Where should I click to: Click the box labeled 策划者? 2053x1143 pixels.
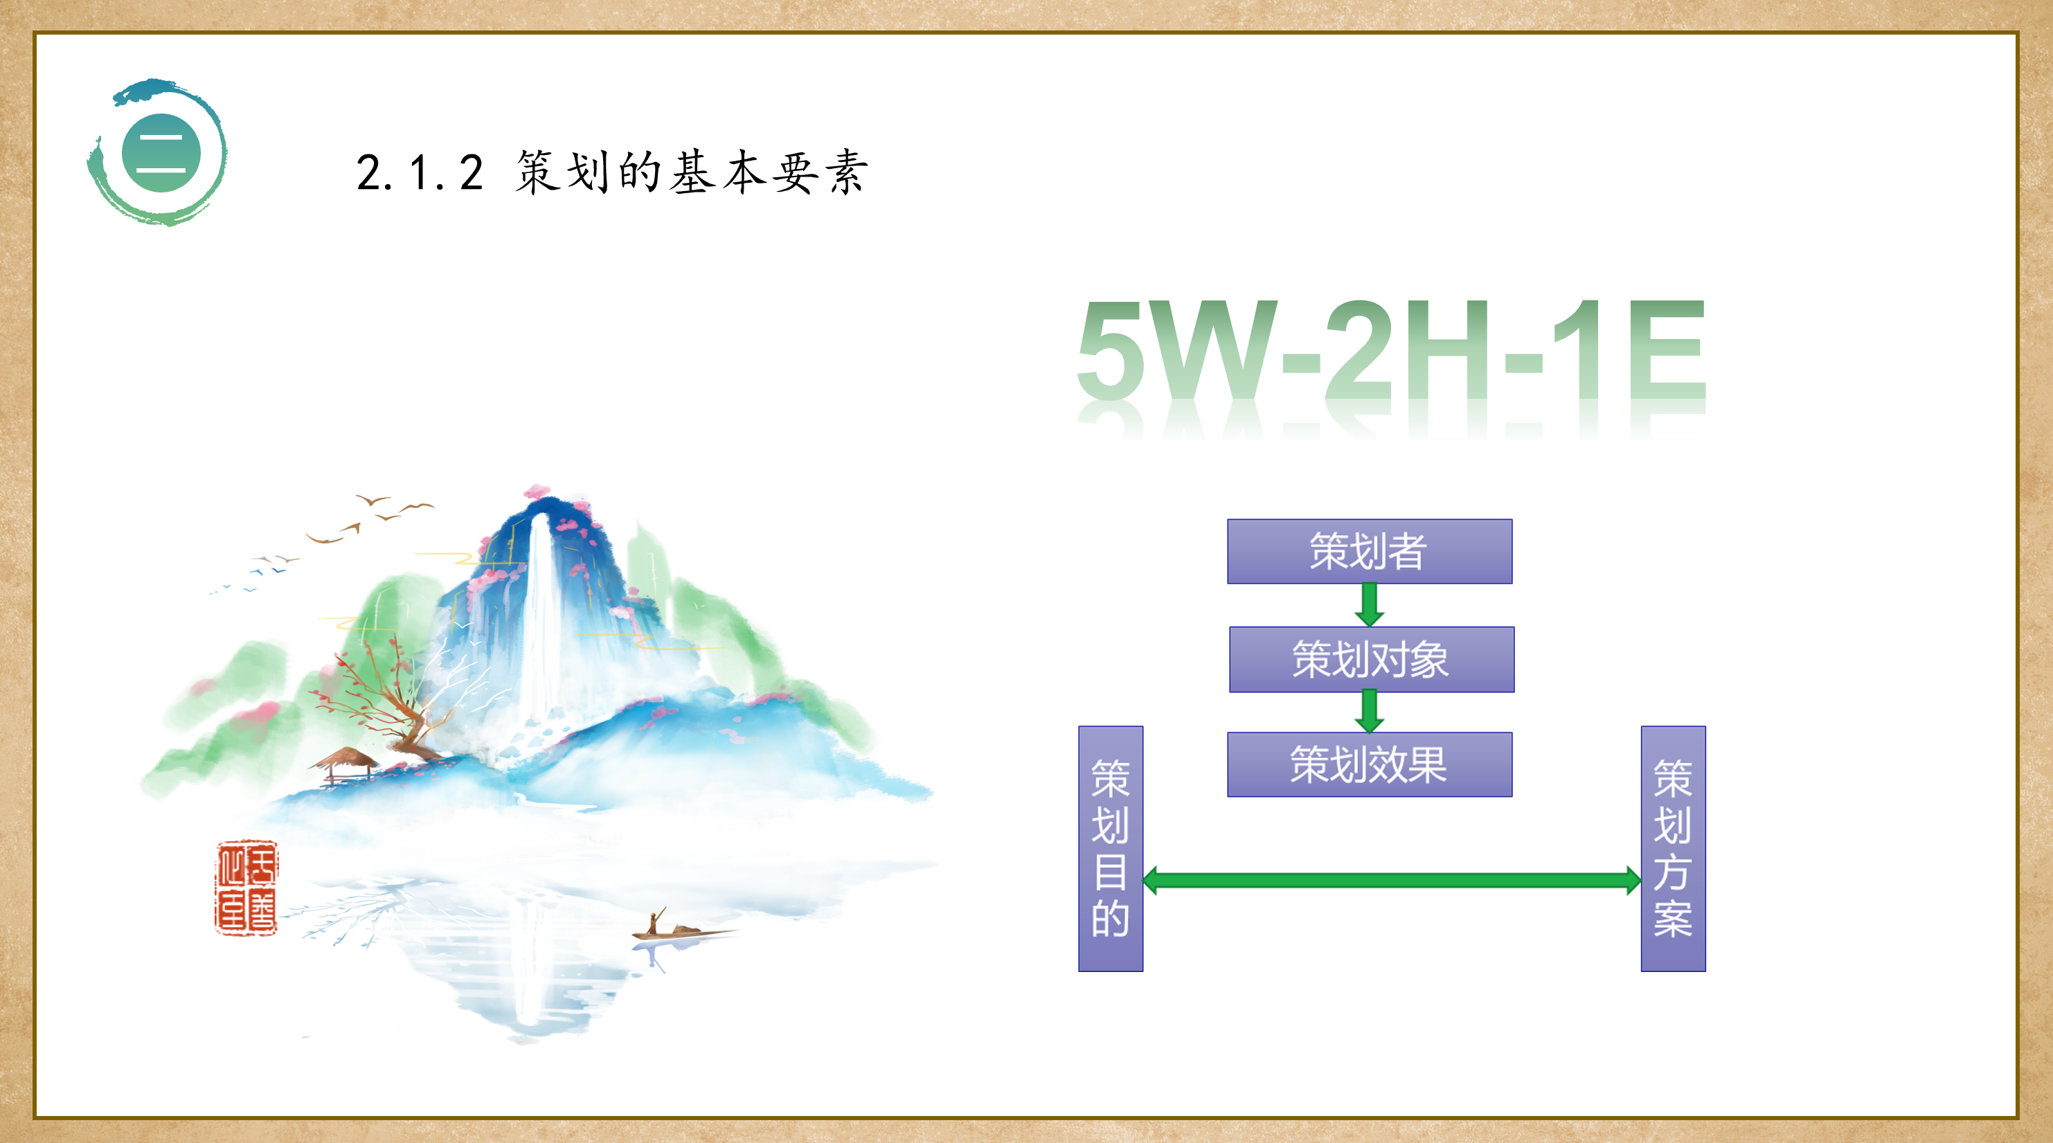click(x=1369, y=552)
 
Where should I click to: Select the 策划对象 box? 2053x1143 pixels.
click(x=1372, y=659)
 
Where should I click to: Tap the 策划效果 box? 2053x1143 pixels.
click(x=1369, y=764)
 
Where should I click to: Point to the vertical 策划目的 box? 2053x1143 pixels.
click(x=1110, y=848)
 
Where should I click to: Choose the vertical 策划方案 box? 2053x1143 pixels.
click(x=1673, y=848)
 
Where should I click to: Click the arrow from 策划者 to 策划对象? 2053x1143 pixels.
click(x=1369, y=605)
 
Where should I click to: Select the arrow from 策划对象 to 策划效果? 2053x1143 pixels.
click(x=1369, y=711)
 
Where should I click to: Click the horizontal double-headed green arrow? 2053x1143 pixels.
click(x=1392, y=880)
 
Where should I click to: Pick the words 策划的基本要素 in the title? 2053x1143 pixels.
click(x=691, y=172)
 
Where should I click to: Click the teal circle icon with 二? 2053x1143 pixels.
click(x=160, y=152)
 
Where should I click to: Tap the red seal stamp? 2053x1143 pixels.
click(x=246, y=887)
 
